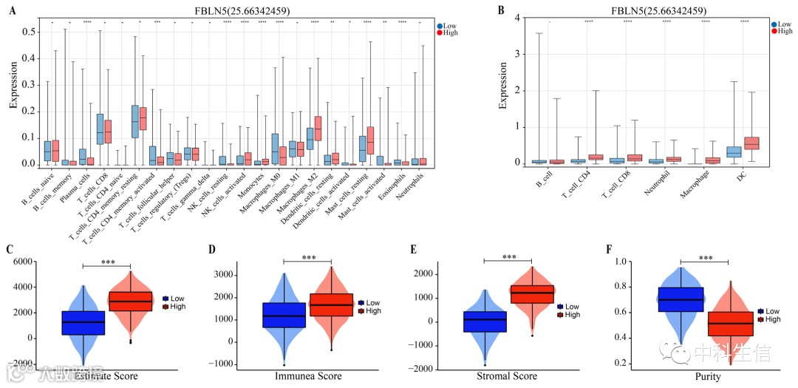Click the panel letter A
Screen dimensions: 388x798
13,10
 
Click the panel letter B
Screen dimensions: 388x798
481,10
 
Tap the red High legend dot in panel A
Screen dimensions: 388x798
441,33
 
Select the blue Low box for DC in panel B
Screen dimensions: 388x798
733,150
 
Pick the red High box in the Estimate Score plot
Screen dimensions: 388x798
132,302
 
